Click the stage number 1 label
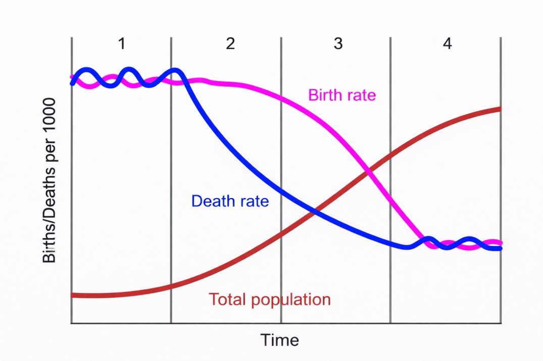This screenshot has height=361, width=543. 121,44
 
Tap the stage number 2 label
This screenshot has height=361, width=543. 230,44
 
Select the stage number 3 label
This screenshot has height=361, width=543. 338,44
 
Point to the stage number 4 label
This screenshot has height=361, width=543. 447,44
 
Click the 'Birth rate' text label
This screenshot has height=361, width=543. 342,95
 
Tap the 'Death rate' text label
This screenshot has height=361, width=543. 230,201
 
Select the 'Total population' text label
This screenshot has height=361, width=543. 270,299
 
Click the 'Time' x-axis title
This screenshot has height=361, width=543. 279,340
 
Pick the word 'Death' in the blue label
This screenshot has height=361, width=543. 211,201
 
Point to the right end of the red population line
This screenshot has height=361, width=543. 500,108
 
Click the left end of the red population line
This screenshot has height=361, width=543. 72,295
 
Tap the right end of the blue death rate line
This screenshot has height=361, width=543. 500,248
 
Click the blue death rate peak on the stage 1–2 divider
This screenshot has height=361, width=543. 174,71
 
